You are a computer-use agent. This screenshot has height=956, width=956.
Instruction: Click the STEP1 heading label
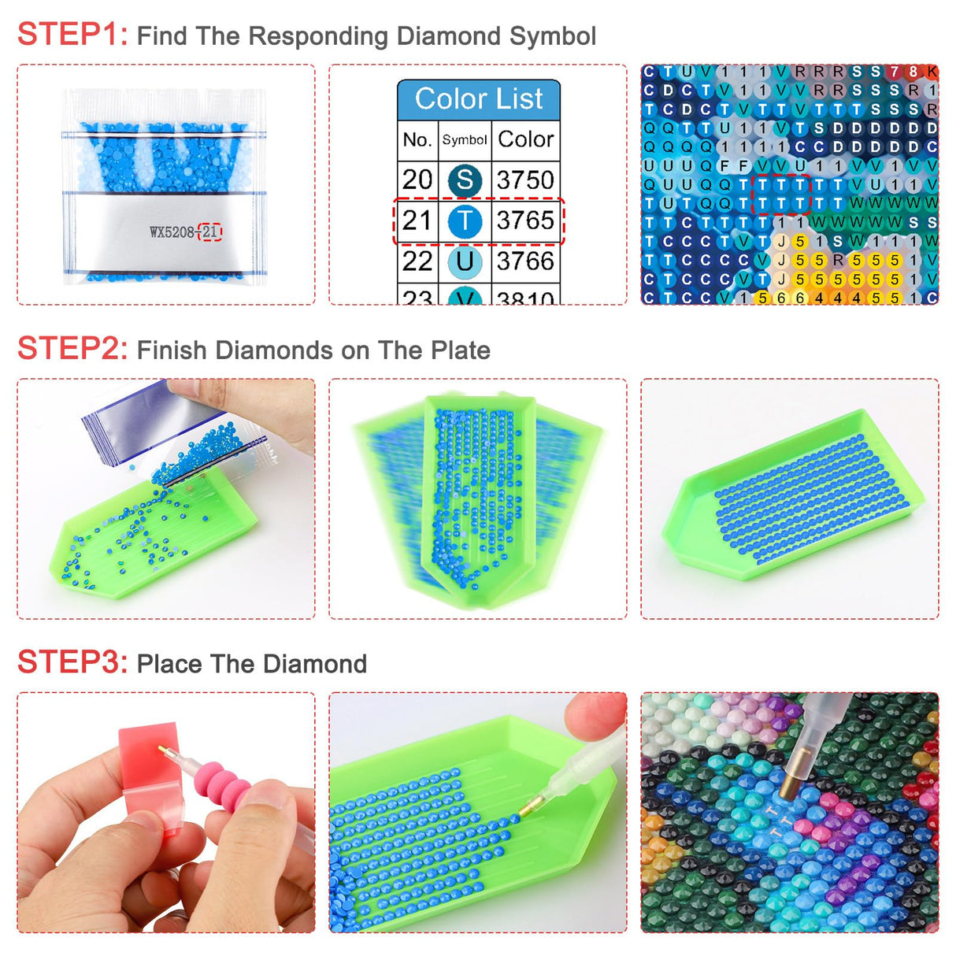pyautogui.click(x=72, y=35)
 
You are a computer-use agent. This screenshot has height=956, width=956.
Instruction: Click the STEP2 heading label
pyautogui.click(x=72, y=349)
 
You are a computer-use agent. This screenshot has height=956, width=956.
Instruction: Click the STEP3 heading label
pyautogui.click(x=72, y=662)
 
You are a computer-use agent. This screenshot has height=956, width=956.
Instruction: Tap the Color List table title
pyautogui.click(x=479, y=99)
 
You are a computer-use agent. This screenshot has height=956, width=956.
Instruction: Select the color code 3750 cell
pyautogui.click(x=525, y=180)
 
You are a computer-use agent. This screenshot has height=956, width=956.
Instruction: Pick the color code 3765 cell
pyautogui.click(x=525, y=220)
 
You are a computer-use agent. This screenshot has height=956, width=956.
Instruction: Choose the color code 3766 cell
pyautogui.click(x=525, y=261)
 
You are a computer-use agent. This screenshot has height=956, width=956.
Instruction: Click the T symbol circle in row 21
pyautogui.click(x=465, y=221)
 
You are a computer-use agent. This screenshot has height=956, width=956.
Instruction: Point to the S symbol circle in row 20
pyautogui.click(x=465, y=180)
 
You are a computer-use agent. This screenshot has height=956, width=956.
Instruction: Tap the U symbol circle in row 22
pyautogui.click(x=465, y=261)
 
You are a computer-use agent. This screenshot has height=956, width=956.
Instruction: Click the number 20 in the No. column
pyautogui.click(x=417, y=180)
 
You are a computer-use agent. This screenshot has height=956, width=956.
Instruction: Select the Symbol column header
pyautogui.click(x=465, y=140)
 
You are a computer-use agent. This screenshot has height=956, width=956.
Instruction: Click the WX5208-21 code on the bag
pyautogui.click(x=185, y=232)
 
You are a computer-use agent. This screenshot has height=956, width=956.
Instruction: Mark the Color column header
pyautogui.click(x=525, y=140)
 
